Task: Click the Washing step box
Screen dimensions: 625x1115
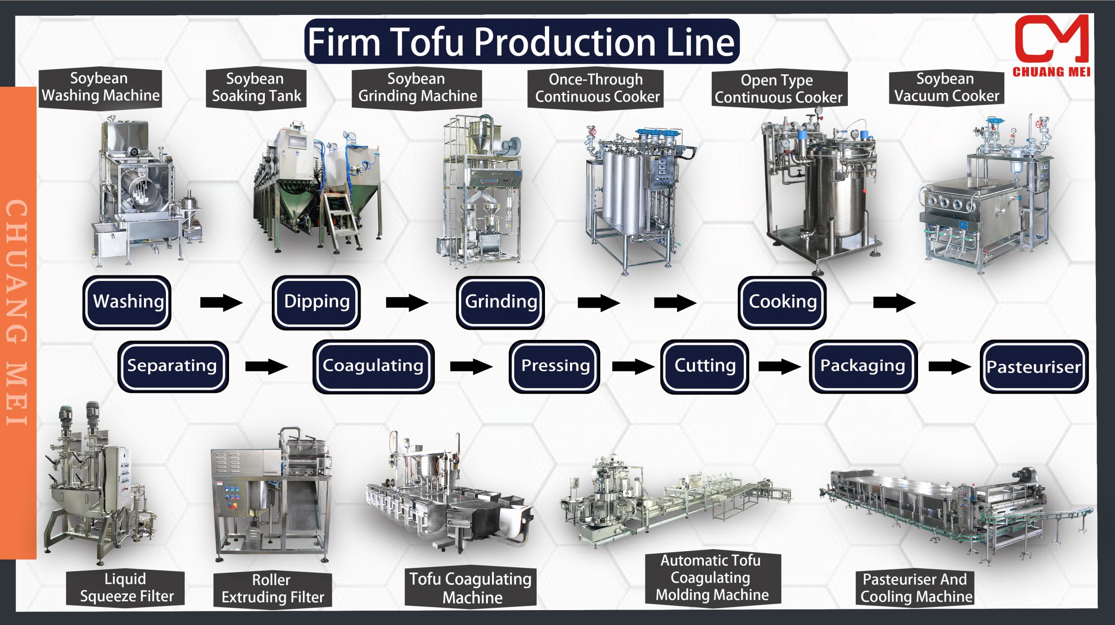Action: (127, 302)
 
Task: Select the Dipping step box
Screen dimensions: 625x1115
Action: (316, 302)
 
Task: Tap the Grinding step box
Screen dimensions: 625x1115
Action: (500, 302)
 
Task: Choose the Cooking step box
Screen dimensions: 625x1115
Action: (782, 302)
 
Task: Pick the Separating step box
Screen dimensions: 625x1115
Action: (173, 366)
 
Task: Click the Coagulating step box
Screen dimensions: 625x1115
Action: (374, 366)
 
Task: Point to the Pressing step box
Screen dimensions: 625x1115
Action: (555, 366)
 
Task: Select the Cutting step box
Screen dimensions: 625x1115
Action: (704, 366)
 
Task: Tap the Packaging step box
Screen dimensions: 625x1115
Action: (863, 366)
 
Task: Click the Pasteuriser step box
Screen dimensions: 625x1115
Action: (1034, 367)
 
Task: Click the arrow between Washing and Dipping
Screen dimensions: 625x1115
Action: (221, 303)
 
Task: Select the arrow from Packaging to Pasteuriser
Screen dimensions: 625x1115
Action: (949, 367)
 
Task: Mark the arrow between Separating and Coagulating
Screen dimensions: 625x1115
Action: (266, 367)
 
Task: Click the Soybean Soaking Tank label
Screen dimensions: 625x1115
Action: (256, 88)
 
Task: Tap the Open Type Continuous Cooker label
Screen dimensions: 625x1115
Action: (779, 89)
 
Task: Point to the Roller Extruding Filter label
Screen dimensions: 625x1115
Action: (273, 589)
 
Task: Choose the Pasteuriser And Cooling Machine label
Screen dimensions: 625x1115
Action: (915, 588)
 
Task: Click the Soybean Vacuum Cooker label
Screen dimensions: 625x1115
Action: (946, 88)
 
